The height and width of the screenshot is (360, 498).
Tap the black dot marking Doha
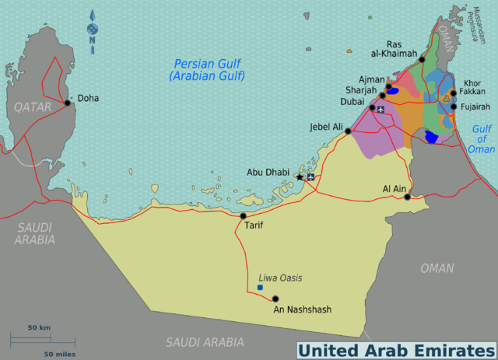pyautogui.click(x=68, y=103)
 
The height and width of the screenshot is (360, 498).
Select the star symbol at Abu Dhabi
pyautogui.click(x=300, y=177)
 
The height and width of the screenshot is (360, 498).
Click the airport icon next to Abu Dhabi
pyautogui.click(x=311, y=177)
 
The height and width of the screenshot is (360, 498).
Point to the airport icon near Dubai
pyautogui.click(x=381, y=108)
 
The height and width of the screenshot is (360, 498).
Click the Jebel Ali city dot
pyautogui.click(x=348, y=131)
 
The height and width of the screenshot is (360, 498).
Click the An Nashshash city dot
pyautogui.click(x=274, y=299)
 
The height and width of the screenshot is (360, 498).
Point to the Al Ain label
pyautogui.click(x=395, y=188)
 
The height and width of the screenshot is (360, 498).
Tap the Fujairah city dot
pyautogui.click(x=453, y=107)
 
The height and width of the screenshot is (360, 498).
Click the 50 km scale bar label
pyautogui.click(x=40, y=328)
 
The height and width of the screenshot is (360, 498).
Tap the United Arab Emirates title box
pyautogui.click(x=396, y=350)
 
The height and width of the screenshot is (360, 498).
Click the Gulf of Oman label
pyautogui.click(x=482, y=138)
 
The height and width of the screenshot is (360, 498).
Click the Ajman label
pyautogui.click(x=372, y=79)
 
